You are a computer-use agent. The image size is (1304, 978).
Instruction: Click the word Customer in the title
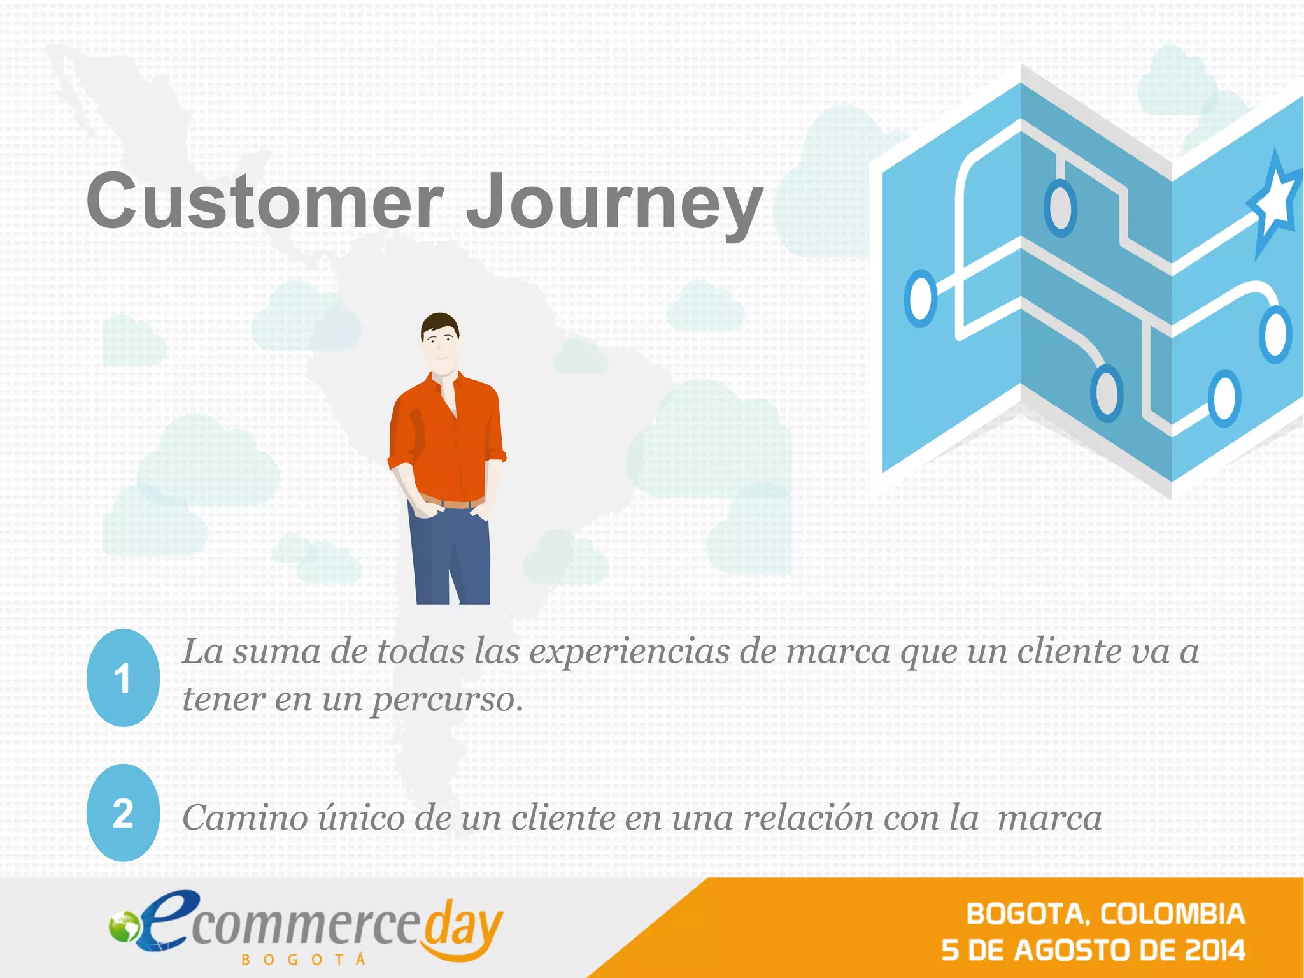pyautogui.click(x=264, y=201)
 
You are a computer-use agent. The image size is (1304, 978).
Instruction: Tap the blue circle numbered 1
pyautogui.click(x=122, y=678)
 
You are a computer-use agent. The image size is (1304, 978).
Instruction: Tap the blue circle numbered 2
pyautogui.click(x=122, y=813)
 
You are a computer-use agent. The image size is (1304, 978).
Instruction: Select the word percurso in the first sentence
pyautogui.click(x=447, y=700)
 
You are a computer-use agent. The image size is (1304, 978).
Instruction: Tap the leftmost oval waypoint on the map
pyautogui.click(x=920, y=298)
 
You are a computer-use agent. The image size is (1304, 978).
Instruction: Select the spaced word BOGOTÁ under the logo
pyautogui.click(x=304, y=960)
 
